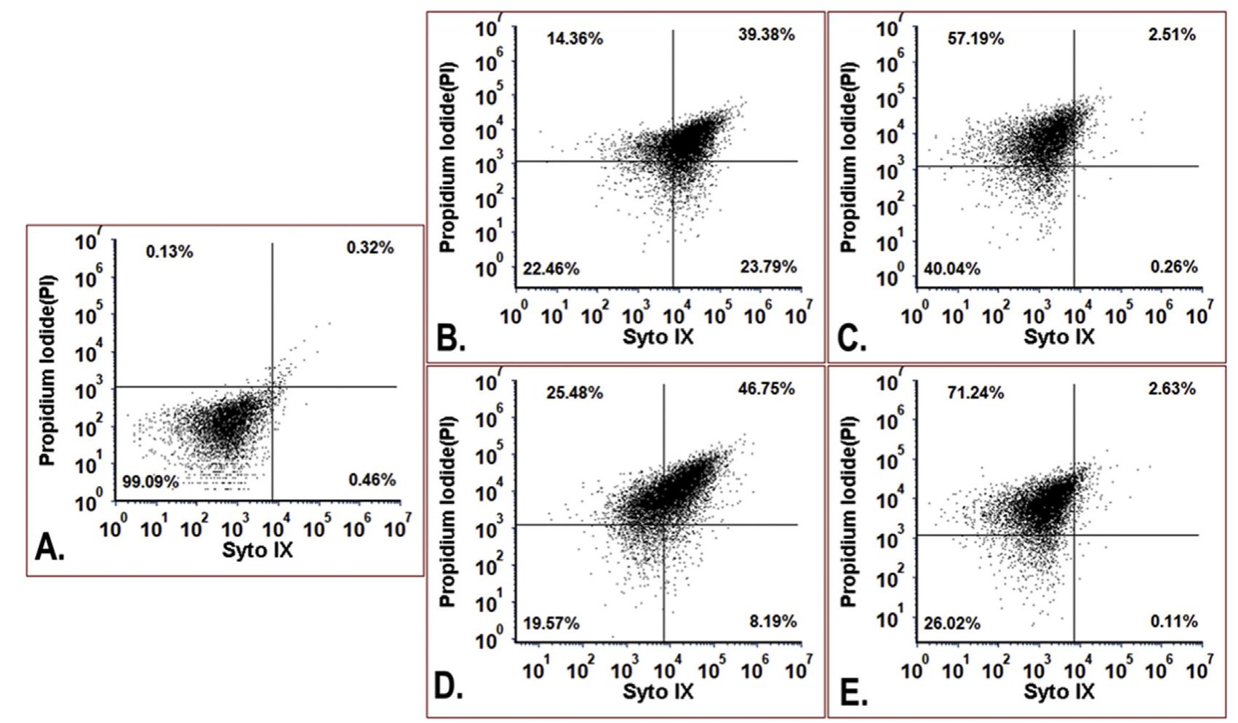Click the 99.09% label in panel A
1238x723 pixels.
click(151, 482)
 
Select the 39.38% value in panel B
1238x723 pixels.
click(767, 34)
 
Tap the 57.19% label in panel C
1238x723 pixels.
click(975, 39)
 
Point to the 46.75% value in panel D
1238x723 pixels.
click(767, 388)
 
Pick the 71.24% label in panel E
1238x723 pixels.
click(975, 393)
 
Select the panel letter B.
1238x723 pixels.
click(450, 338)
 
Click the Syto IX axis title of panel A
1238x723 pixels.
click(257, 550)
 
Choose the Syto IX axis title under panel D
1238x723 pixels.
click(658, 690)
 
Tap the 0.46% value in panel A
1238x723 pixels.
click(372, 479)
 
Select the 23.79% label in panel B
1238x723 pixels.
click(768, 266)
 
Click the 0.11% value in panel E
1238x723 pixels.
click(1173, 621)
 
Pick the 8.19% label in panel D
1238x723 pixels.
click(772, 621)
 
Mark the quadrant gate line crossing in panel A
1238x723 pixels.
click(272, 386)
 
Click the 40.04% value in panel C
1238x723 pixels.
click(951, 269)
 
